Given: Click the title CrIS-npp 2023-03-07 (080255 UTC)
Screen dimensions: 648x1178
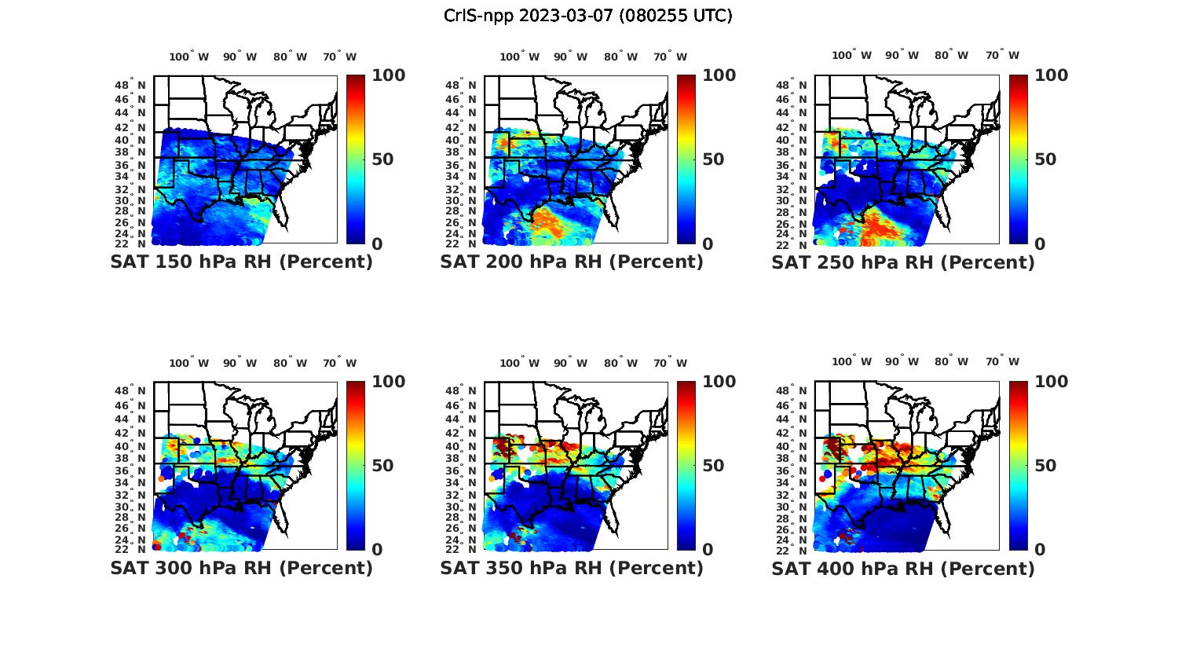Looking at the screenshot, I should coord(587,16).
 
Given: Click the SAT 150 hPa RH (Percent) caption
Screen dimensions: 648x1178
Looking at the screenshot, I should coord(241,262).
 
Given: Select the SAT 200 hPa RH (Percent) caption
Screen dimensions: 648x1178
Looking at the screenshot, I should coord(572,262).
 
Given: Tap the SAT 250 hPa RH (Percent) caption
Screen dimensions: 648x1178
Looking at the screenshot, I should coord(903,262).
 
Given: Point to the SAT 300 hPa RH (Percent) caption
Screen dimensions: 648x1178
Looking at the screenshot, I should coord(241,568).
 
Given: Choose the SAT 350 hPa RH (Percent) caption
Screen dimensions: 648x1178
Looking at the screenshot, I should coord(572,568).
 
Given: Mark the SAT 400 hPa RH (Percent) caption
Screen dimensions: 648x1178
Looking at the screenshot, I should coord(903,568).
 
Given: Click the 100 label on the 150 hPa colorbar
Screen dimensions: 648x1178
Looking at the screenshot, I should coord(389,75).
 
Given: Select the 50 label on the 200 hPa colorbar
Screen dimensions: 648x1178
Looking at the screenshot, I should coord(713,159).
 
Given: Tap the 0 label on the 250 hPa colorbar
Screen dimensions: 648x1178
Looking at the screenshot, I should coord(1040,244).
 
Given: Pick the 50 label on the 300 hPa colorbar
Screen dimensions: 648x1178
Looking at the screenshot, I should coord(382,466).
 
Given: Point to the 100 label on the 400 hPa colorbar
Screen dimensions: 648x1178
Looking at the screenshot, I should coord(1052,382).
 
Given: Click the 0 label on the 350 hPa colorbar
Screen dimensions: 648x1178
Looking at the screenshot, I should coord(708,550).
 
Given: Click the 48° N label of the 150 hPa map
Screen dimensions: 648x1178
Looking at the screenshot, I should coord(130,85).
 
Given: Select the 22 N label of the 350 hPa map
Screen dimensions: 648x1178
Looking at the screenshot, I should coord(461,549).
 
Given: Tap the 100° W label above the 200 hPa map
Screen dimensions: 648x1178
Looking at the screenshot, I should coord(519,57).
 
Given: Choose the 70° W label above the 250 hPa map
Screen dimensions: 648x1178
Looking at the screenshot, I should coord(1002,55).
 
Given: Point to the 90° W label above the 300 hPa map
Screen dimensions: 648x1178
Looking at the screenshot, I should coord(239,363).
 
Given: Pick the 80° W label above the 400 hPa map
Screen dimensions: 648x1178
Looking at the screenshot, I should coord(951,361).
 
